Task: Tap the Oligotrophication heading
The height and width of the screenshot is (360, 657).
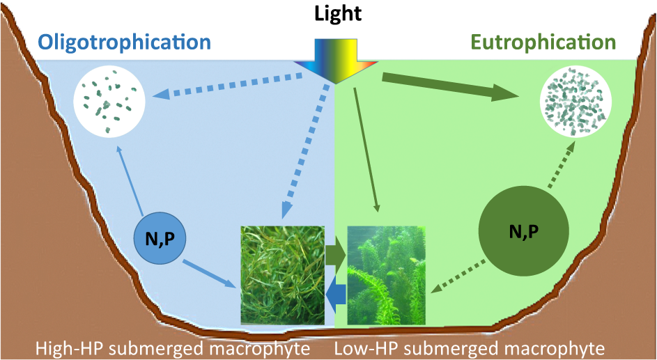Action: pyautogui.click(x=125, y=42)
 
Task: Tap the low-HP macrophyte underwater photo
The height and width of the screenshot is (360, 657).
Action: pyautogui.click(x=387, y=276)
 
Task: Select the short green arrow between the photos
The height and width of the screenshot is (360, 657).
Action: pyautogui.click(x=336, y=256)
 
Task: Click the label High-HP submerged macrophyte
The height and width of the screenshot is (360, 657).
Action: pyautogui.click(x=172, y=347)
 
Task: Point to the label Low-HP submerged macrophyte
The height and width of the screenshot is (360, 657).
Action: pyautogui.click(x=470, y=347)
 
